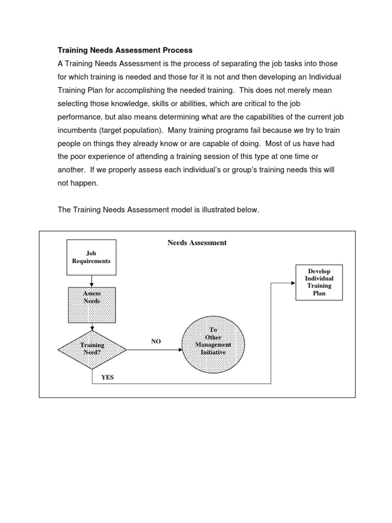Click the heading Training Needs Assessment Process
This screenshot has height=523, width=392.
tap(124, 50)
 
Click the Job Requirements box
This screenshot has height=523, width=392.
tap(91, 257)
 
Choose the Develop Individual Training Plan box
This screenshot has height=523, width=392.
tap(319, 282)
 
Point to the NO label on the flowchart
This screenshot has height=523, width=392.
tap(156, 342)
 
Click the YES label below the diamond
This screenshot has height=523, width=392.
tap(108, 378)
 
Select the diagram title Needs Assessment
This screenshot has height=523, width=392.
tap(197, 243)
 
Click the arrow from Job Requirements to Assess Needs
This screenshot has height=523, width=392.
tap(92, 280)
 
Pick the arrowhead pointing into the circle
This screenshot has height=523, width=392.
tap(179, 350)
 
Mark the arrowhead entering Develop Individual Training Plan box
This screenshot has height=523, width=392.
tap(293, 282)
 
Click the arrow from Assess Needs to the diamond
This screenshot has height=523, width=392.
tap(92, 327)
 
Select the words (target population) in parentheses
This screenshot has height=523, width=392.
tap(131, 130)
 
